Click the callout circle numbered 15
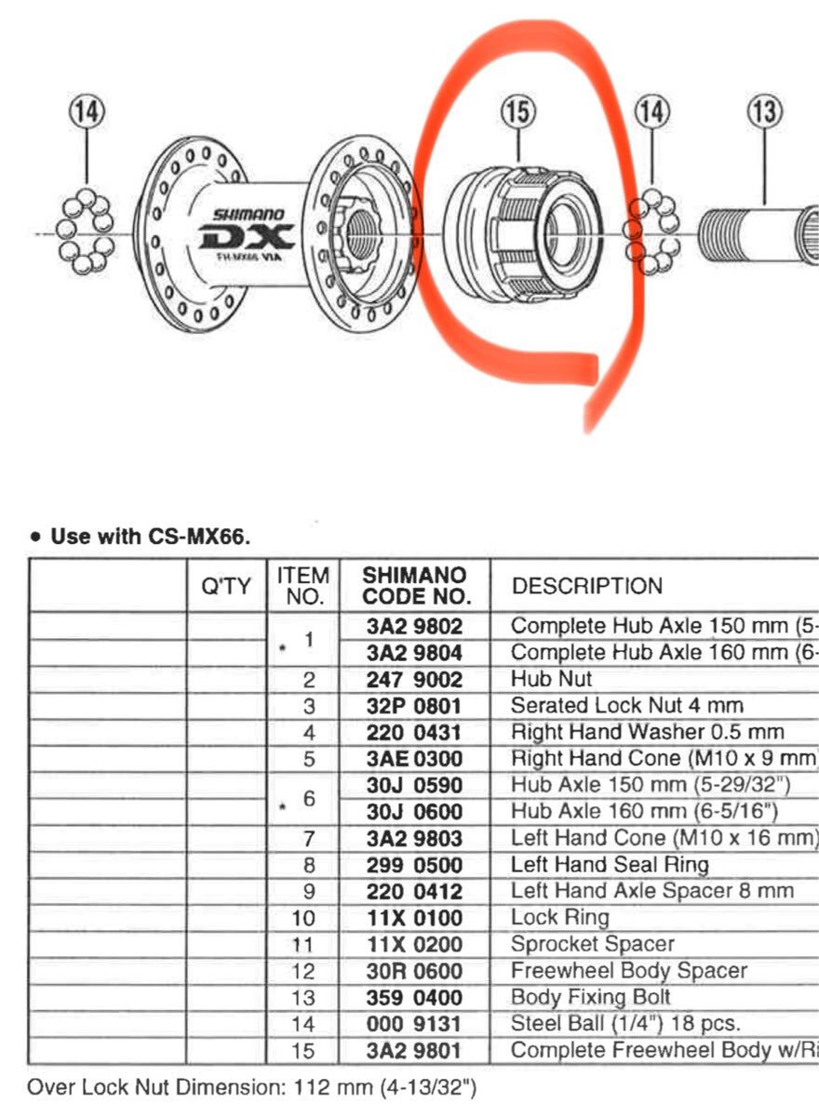(517, 113)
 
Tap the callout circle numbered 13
(764, 113)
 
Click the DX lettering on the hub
(246, 238)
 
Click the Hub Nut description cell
(551, 679)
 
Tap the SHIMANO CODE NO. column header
(413, 586)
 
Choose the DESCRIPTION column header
(587, 586)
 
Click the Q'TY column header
(226, 586)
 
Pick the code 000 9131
(413, 1024)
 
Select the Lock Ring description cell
(559, 918)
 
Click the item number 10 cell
(302, 918)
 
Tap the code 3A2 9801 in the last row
(413, 1051)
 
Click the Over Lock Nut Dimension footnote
(252, 1086)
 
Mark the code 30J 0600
(413, 811)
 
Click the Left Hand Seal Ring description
(609, 865)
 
